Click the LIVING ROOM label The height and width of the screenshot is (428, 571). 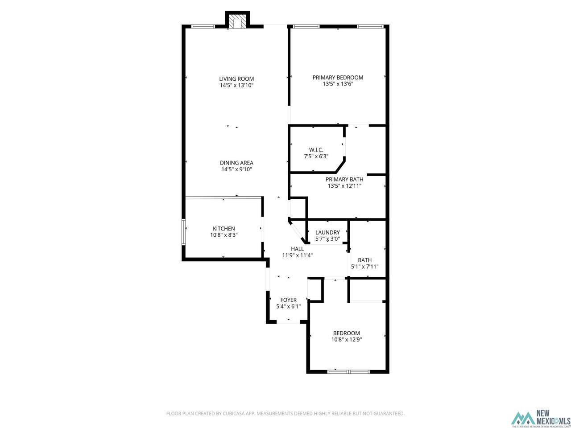[x=236, y=79]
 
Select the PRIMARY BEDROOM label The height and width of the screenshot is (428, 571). [x=338, y=78]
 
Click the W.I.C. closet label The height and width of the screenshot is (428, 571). [x=316, y=150]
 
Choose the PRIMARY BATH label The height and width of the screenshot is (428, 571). [x=344, y=180]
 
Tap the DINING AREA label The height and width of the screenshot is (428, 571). [x=236, y=163]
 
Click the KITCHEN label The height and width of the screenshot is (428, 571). [x=223, y=229]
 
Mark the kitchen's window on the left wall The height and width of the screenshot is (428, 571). [x=183, y=231]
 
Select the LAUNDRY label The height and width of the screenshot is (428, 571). [x=327, y=232]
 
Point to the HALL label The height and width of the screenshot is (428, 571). [x=297, y=249]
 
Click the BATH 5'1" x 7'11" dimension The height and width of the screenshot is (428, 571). [x=364, y=267]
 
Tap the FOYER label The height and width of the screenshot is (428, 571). [x=288, y=300]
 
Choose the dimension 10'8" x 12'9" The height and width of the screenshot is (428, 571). [x=346, y=339]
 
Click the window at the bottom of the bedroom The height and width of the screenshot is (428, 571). [x=348, y=371]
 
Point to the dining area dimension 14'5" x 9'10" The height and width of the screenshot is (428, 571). [x=236, y=169]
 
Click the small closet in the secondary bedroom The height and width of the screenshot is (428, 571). [x=367, y=291]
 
